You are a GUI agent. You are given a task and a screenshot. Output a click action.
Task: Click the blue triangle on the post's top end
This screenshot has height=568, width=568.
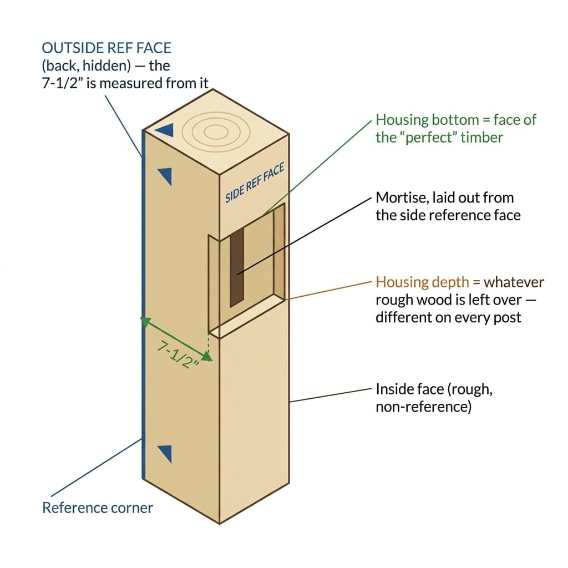(x=166, y=129)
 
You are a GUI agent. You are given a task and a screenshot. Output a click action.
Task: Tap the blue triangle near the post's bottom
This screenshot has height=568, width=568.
(x=165, y=454)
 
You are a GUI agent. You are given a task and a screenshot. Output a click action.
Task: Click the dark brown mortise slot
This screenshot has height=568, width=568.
(x=237, y=267)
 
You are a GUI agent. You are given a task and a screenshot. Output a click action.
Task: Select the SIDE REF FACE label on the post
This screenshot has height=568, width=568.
(x=255, y=183)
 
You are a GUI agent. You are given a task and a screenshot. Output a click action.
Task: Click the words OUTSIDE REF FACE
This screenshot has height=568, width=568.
(x=106, y=48)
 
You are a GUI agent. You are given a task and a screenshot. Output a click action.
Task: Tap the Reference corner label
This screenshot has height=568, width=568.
(x=98, y=508)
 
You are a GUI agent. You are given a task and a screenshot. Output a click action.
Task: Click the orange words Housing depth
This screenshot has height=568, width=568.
(x=422, y=282)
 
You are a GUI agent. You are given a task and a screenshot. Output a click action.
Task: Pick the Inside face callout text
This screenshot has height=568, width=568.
(x=434, y=398)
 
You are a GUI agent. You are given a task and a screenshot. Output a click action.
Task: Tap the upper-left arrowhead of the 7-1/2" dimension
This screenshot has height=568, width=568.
(x=145, y=321)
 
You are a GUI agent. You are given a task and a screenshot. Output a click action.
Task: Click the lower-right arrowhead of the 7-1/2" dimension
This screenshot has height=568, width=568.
(x=206, y=357)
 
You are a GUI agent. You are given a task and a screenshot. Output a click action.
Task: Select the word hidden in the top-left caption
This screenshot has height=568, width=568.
(x=106, y=65)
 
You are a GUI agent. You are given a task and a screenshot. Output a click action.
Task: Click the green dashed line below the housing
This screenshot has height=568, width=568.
(x=209, y=344)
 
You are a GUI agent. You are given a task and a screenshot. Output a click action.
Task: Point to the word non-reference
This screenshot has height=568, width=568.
(x=423, y=407)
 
